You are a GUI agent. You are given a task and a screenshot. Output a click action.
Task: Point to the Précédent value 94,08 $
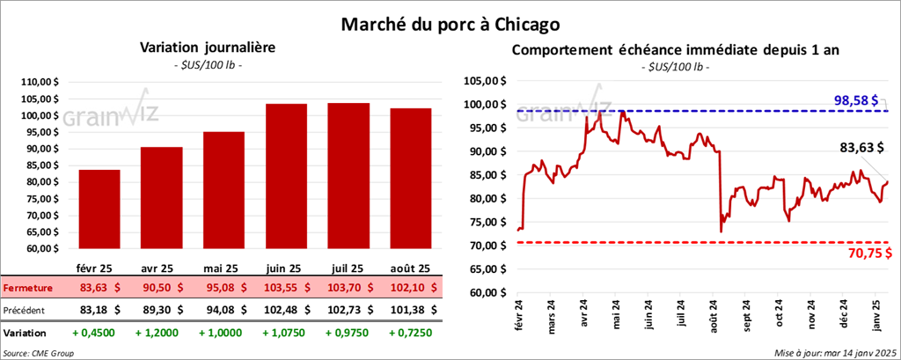(x=223, y=310)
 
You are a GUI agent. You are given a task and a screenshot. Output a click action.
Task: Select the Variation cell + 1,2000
(x=160, y=334)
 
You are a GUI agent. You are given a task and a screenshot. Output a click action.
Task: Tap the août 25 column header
(x=409, y=268)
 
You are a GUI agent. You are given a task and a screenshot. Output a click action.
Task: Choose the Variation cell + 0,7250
(x=409, y=334)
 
